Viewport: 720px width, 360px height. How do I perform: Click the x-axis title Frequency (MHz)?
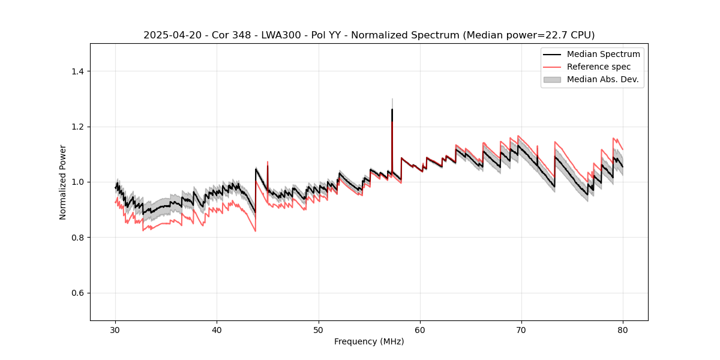[x=369, y=341]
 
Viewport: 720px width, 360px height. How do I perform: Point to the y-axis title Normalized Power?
[x=63, y=182]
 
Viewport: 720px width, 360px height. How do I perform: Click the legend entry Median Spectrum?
[x=603, y=54]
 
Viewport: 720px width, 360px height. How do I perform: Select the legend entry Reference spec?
[x=599, y=67]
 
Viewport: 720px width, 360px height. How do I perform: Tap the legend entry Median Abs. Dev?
[x=602, y=79]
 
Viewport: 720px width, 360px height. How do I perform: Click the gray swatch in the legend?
[x=552, y=79]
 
